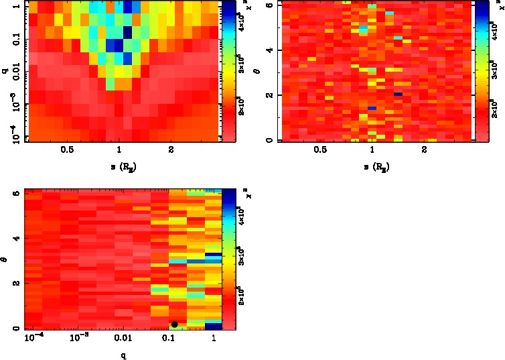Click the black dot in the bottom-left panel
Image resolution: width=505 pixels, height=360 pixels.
click(x=174, y=324)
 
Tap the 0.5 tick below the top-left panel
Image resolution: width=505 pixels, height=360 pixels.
click(x=68, y=150)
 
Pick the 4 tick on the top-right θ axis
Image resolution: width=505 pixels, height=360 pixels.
click(x=269, y=50)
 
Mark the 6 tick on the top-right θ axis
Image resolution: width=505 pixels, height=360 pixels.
click(x=269, y=5)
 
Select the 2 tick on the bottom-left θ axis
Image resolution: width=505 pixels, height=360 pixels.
click(x=15, y=284)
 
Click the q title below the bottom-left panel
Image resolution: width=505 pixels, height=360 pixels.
click(x=123, y=355)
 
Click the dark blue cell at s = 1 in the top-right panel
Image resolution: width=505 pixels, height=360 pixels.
click(x=372, y=108)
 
